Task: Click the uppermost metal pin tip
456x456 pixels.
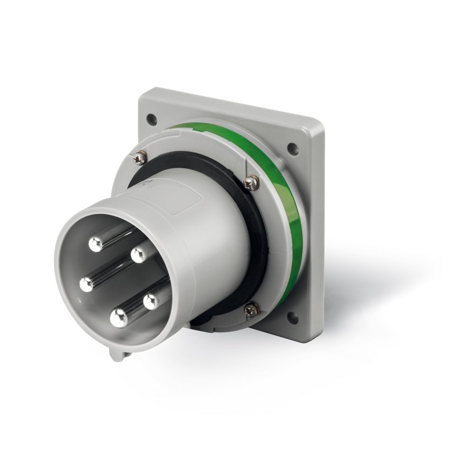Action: point(96,245)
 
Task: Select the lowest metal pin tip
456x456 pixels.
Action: point(119,317)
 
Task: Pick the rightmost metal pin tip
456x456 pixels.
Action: point(151,302)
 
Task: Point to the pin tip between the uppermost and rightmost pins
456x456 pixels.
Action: point(139,255)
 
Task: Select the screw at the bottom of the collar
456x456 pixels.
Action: point(251,310)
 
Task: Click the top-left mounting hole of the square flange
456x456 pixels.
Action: point(151,120)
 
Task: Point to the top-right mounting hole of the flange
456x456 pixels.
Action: point(292,149)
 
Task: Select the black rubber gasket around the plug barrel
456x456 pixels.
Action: point(259,239)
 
